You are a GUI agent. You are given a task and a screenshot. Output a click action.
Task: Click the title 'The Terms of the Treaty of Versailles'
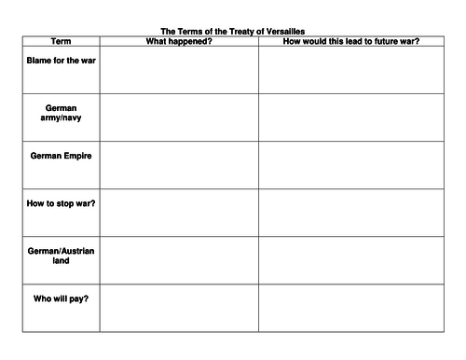tap(233, 32)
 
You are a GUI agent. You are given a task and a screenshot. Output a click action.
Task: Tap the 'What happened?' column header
tap(178, 41)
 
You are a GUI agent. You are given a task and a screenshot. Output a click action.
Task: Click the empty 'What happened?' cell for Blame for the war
tap(178, 70)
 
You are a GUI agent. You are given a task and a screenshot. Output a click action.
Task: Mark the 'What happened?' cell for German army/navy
tap(178, 118)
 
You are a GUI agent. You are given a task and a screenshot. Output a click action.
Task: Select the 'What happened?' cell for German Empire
tap(178, 165)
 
